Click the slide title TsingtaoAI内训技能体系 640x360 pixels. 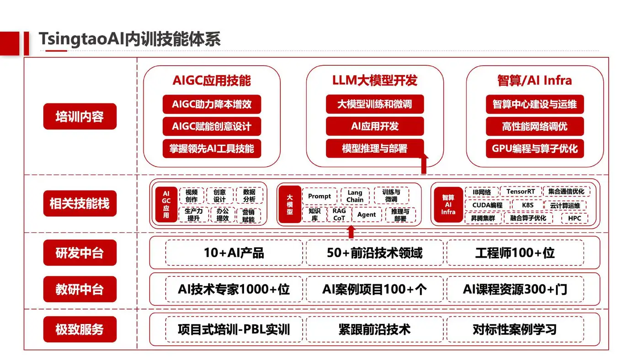129,39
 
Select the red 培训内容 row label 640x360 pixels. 80,116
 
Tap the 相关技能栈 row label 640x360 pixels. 80,203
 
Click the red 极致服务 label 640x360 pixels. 80,329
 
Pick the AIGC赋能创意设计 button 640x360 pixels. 212,127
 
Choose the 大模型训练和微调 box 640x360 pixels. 375,104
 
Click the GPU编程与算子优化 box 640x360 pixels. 535,148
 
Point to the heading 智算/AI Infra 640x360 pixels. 534,81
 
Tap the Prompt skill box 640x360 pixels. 320,196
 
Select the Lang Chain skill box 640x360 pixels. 355,196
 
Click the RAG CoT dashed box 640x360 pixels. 339,215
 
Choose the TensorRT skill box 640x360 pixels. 521,192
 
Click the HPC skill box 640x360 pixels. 575,218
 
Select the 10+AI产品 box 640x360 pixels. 234,253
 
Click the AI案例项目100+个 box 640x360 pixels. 374,289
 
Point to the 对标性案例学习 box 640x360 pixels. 515,329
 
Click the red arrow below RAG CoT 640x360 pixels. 351,232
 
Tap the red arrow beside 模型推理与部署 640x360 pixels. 424,164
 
